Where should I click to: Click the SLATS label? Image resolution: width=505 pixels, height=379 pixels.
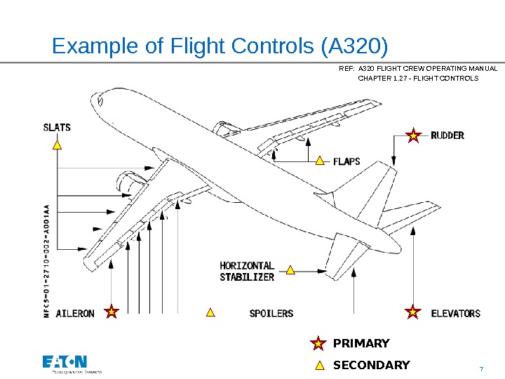click(x=57, y=128)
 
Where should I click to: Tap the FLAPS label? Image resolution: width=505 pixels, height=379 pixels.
click(x=346, y=161)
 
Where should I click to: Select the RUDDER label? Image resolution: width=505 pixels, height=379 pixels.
click(x=447, y=135)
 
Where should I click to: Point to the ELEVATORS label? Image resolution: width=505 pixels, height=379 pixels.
click(x=455, y=313)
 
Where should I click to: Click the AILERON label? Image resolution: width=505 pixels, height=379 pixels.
click(x=74, y=313)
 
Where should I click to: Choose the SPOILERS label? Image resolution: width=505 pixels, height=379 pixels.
click(x=271, y=313)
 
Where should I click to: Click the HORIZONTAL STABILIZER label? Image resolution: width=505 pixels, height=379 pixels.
click(x=247, y=272)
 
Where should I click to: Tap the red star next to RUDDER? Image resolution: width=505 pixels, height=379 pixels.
click(x=414, y=135)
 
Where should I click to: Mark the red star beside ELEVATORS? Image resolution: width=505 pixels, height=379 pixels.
click(x=414, y=312)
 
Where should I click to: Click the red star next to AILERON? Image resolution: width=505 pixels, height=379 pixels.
click(x=110, y=312)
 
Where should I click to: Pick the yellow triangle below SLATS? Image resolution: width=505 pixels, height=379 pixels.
click(x=58, y=145)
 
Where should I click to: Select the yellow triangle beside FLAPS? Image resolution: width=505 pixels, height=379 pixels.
click(x=320, y=161)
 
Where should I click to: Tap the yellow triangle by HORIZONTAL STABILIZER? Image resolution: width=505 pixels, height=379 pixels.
click(x=290, y=270)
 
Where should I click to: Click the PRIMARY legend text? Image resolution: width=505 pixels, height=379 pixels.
click(x=361, y=343)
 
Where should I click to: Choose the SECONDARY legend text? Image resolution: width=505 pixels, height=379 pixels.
click(x=371, y=365)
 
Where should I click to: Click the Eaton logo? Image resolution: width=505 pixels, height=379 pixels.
click(x=65, y=362)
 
